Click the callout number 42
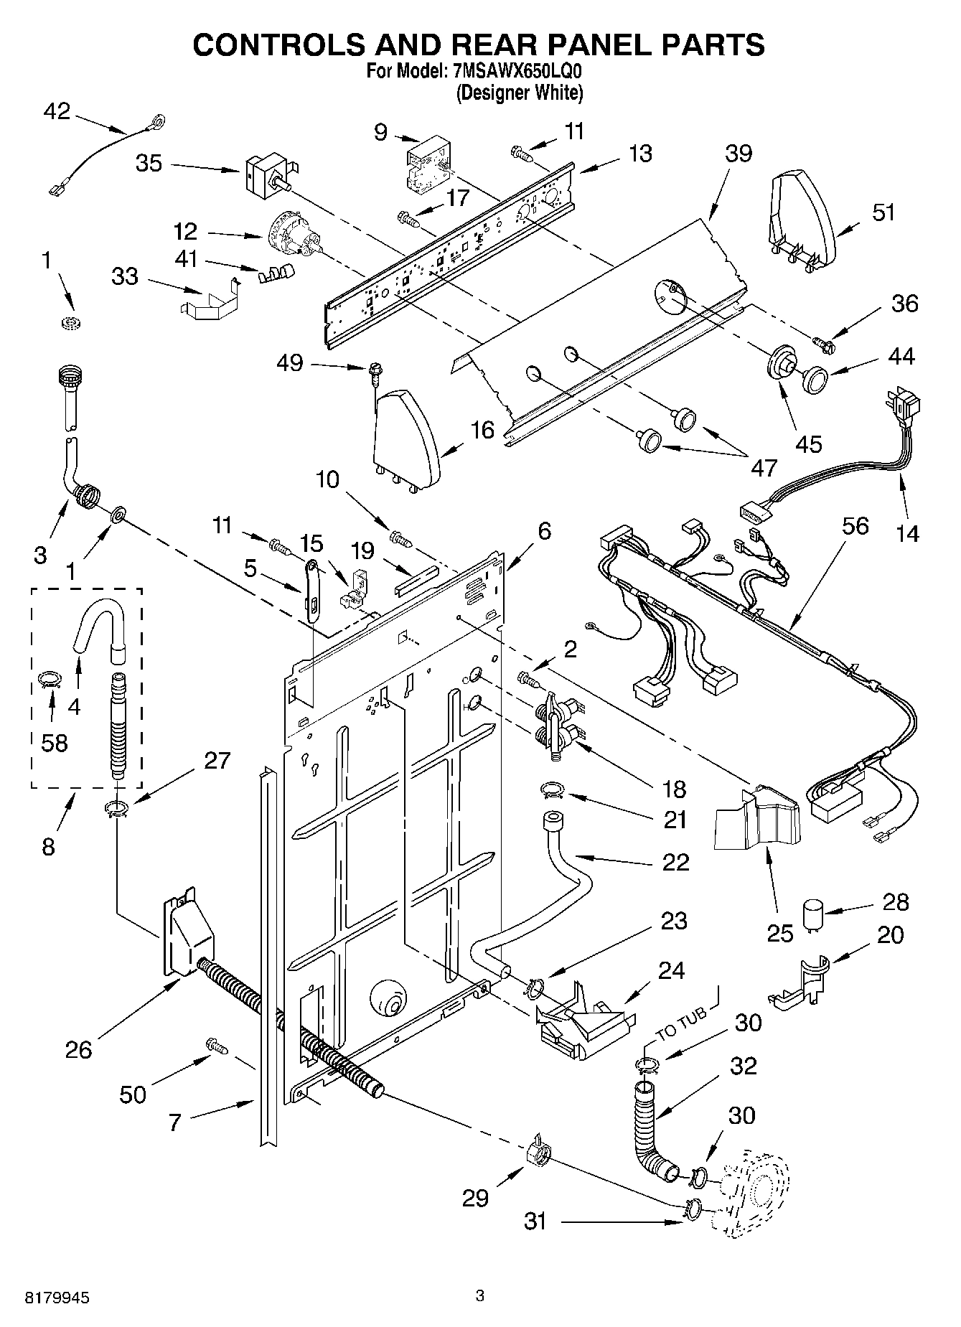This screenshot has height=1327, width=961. click(57, 111)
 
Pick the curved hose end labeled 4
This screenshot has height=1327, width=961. click(100, 624)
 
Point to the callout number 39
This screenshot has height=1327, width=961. click(738, 153)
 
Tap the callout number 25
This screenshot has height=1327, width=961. click(780, 933)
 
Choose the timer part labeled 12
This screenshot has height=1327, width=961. click(292, 234)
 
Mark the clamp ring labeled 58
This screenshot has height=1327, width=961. click(49, 679)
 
